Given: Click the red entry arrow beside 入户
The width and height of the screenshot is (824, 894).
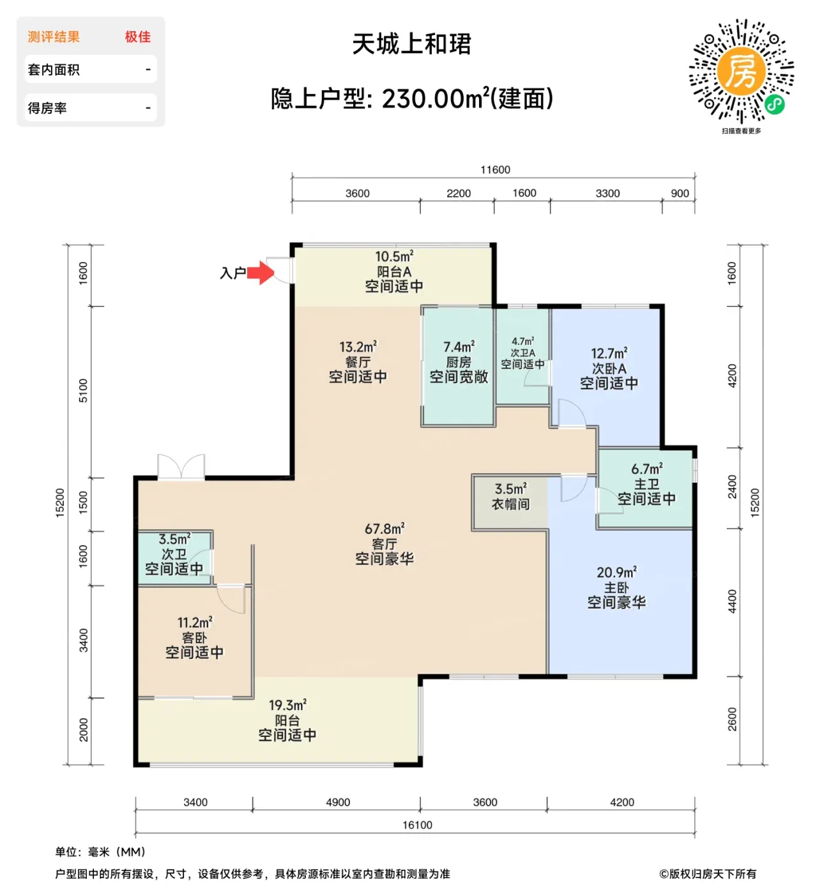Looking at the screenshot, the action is [x=261, y=272].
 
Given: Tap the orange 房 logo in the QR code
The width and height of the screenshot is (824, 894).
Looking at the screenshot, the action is [x=741, y=72].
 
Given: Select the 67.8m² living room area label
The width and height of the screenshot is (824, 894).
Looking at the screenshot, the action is [x=385, y=529].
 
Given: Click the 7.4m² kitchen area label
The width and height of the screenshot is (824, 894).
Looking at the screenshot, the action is [x=459, y=347].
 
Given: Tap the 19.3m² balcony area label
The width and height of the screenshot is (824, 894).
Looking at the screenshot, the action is [x=287, y=706].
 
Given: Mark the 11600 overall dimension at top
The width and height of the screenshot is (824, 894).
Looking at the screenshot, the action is [x=496, y=170].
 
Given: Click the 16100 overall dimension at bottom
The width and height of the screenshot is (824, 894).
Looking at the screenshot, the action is [x=417, y=825].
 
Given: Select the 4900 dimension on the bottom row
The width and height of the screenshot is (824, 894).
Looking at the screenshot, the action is [x=338, y=802].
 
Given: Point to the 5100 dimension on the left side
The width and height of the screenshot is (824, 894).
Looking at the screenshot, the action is [x=84, y=391].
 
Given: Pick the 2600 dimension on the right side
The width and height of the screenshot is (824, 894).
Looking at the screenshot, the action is [x=732, y=719].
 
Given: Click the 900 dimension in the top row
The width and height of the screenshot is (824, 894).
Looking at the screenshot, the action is [x=680, y=193].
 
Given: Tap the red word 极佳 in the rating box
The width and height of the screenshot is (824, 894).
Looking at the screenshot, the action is [x=138, y=36].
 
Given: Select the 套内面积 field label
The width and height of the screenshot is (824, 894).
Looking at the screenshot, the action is [x=54, y=70].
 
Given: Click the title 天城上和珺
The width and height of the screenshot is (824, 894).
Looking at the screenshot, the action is [x=412, y=44].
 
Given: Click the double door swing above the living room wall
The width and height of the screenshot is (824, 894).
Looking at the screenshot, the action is [x=181, y=466].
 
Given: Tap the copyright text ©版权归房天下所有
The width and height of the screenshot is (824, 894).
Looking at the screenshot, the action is [x=708, y=874].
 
